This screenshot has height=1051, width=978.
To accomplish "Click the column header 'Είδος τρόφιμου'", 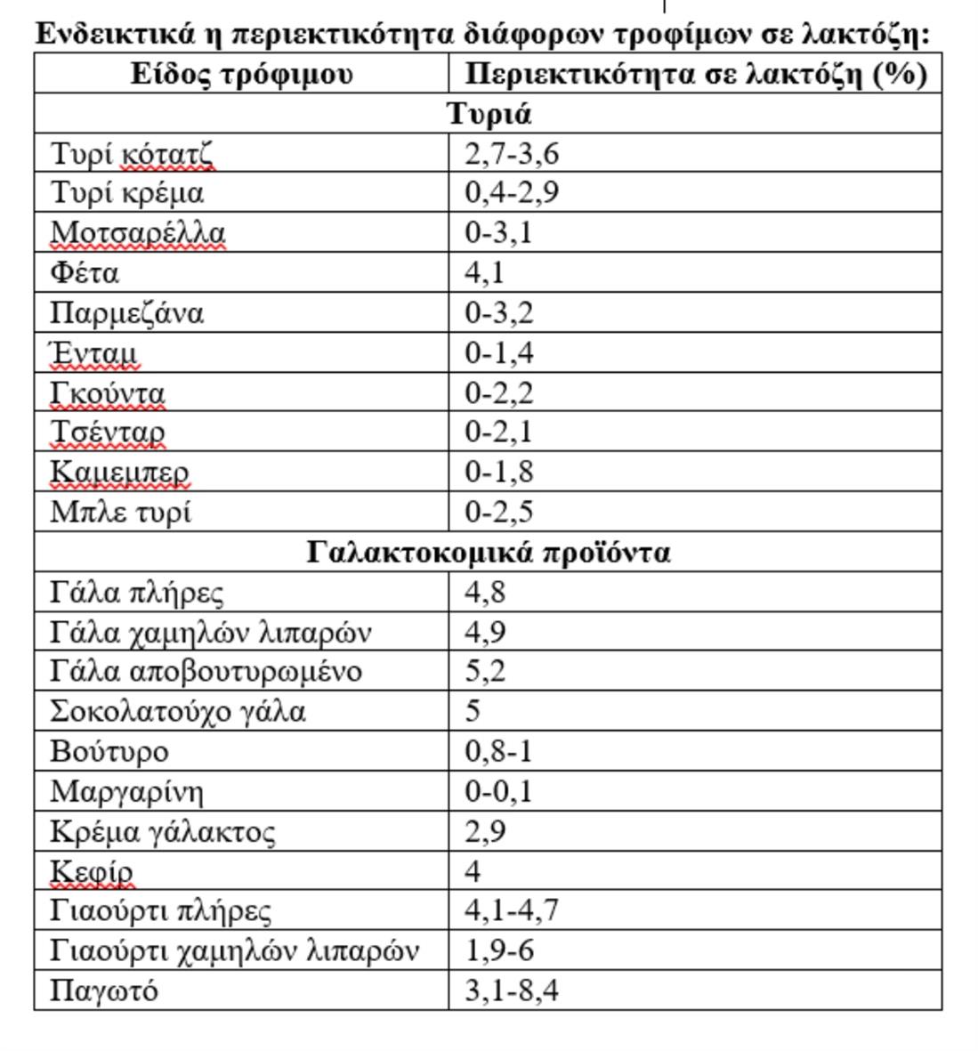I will coord(241,74).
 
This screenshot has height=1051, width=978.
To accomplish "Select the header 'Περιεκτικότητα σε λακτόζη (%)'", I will coord(696,74).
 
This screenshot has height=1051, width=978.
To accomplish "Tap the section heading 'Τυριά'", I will coord(489,114).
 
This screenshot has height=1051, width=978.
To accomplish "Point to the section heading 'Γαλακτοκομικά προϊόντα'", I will coord(489,553).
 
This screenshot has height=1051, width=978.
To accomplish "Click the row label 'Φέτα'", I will coord(85,272).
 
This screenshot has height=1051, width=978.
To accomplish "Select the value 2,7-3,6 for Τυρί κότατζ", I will coord(512,154).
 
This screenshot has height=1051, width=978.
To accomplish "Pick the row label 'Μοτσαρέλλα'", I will coord(138,233).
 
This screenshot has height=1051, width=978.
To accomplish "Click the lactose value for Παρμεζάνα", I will coord(499,313).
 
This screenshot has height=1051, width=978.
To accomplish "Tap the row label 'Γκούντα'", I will coord(108,392).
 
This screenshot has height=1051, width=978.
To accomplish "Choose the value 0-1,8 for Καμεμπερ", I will coord(499,472).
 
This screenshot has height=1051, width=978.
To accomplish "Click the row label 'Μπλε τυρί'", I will coord(120,513).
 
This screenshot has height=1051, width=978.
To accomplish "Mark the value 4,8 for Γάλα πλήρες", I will coord(485,593).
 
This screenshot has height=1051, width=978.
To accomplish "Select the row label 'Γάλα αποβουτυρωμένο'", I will coord(206,672).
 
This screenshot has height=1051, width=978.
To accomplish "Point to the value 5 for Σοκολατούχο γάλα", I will coord(473,711).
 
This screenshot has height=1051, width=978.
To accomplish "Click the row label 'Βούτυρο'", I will coord(109,752).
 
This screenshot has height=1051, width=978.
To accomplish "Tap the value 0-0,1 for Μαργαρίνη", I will coord(499,791).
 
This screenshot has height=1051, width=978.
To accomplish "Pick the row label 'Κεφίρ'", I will coord(92,871).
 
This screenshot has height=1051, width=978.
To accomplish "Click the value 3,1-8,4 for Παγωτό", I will coord(512,990).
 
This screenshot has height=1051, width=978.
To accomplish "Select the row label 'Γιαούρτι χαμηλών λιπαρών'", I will coord(234,951).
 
